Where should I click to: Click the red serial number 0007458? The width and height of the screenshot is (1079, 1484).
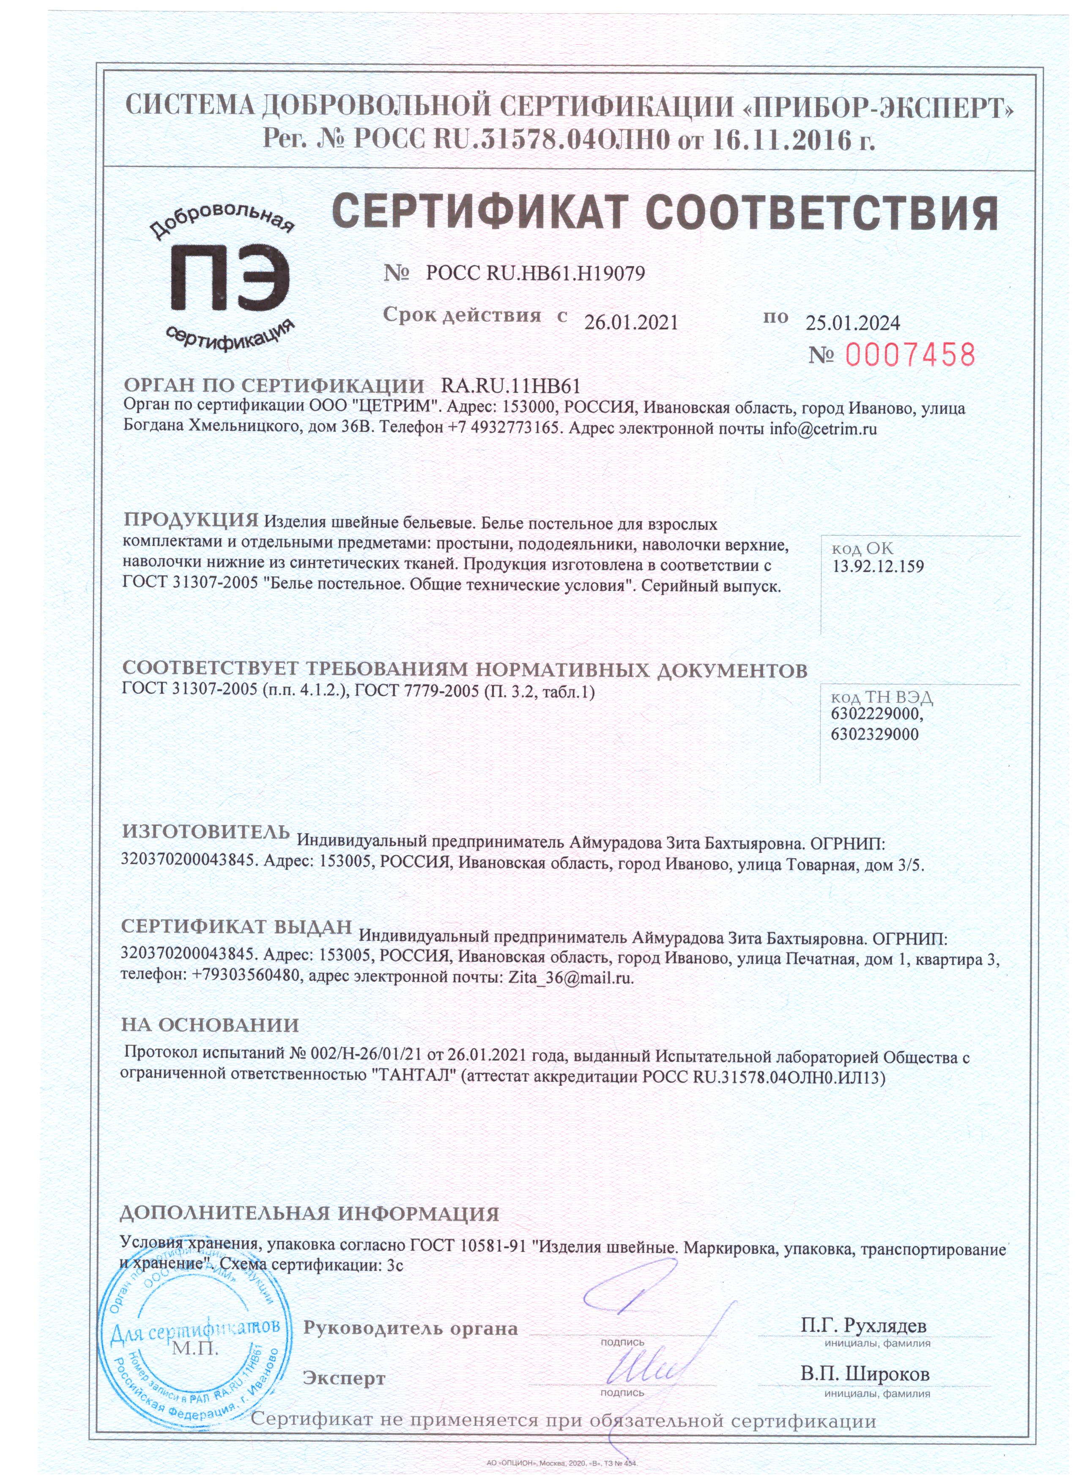tap(909, 355)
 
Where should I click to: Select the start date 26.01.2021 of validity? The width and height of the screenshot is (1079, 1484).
tap(631, 323)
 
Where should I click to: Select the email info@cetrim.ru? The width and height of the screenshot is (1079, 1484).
tap(822, 429)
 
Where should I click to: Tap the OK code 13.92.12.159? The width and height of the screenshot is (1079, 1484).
tap(878, 567)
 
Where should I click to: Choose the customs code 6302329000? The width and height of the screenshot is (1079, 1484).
tap(875, 734)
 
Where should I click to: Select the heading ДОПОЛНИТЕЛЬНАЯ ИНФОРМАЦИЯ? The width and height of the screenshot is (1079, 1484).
tap(309, 1214)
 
